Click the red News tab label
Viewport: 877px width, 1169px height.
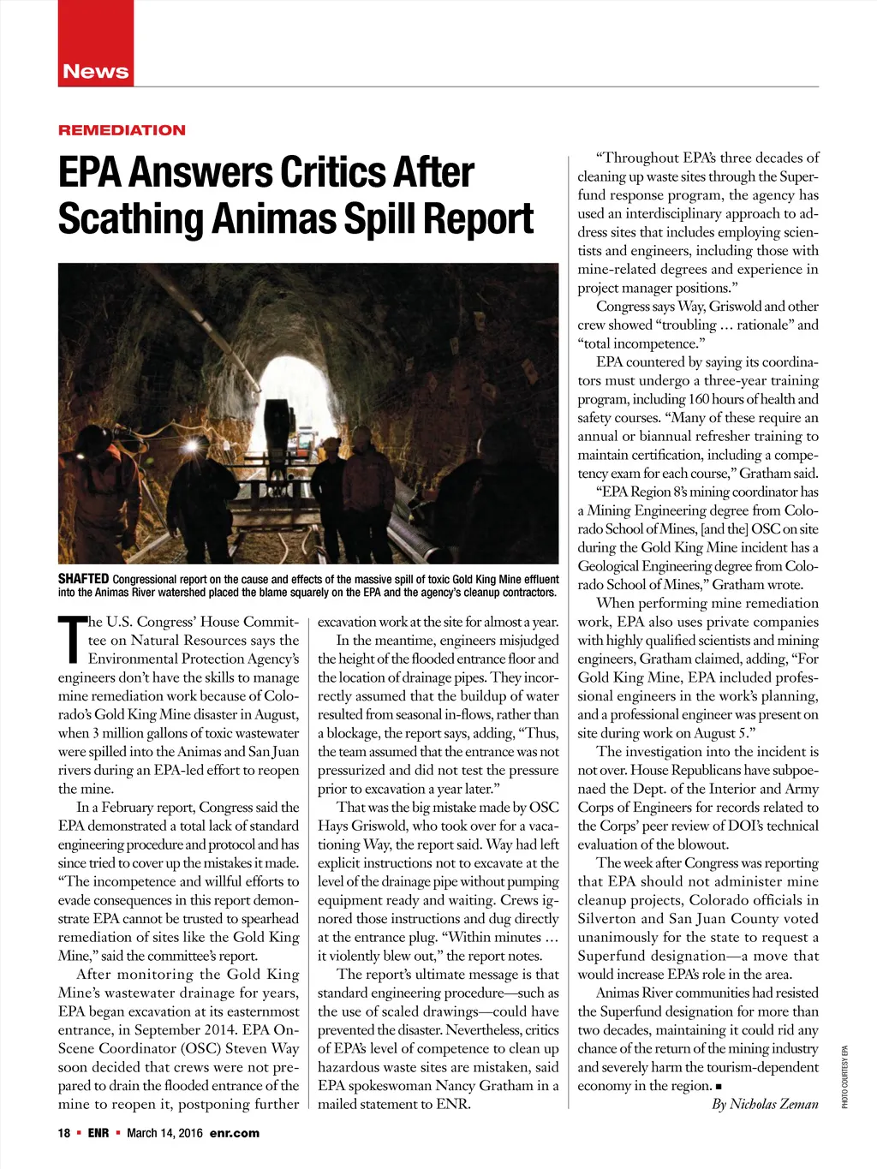[x=95, y=72]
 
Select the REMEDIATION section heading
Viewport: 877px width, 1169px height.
[x=122, y=130]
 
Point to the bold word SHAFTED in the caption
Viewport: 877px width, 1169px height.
[x=83, y=580]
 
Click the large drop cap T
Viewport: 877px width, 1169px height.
[x=72, y=640]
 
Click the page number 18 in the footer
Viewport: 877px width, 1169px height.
[x=64, y=1133]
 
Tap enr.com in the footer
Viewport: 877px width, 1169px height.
[x=234, y=1133]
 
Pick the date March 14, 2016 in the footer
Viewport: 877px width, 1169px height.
[x=164, y=1133]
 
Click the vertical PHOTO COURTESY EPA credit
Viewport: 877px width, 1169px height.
[x=844, y=1077]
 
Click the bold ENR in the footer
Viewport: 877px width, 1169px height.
[x=98, y=1133]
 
